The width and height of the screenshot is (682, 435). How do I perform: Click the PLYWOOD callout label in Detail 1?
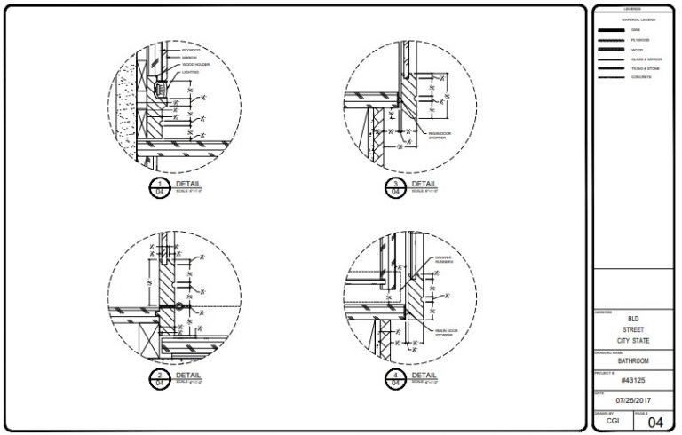point(191,51)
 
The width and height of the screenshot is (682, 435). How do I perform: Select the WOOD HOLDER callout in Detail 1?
point(196,65)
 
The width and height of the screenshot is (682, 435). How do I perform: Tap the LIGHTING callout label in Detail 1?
point(192,72)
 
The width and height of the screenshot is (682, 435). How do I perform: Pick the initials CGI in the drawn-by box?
point(613,423)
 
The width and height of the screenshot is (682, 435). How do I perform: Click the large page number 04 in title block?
point(655,422)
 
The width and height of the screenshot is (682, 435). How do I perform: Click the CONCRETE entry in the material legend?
point(642,77)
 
